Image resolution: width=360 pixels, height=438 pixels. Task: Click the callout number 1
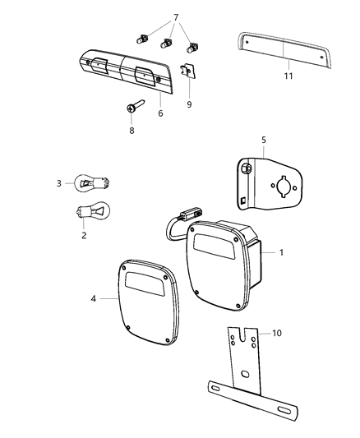[x=282, y=251]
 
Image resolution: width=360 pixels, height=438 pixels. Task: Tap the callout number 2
[x=82, y=234]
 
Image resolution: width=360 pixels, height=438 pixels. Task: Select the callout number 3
[x=59, y=182]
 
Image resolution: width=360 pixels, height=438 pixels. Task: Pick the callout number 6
[x=160, y=113]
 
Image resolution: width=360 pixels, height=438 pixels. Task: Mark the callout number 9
[x=189, y=105]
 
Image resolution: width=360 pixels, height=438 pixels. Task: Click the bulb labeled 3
[x=88, y=182]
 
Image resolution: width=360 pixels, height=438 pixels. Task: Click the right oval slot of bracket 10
[x=280, y=408]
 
